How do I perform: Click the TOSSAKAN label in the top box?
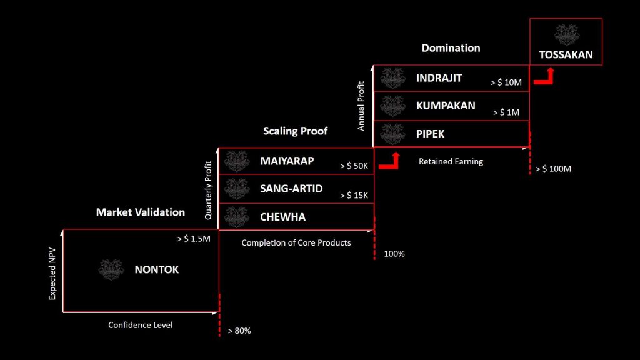(566, 55)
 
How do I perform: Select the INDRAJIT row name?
(439, 78)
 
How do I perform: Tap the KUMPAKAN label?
(446, 106)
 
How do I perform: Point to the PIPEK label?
(430, 134)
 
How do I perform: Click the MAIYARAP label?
(287, 161)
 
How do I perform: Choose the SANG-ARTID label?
(291, 189)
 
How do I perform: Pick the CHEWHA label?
(283, 217)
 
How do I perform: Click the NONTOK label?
(157, 270)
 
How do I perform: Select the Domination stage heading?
(451, 48)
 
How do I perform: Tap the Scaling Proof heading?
(295, 131)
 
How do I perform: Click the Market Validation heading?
(141, 212)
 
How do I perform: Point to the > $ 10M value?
(506, 82)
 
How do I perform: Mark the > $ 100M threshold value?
(553, 169)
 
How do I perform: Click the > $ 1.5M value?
(194, 239)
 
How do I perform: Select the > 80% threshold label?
(239, 331)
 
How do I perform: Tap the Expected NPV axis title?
(52, 274)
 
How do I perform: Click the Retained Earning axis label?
(451, 162)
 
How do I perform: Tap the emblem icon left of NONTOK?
(111, 270)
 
